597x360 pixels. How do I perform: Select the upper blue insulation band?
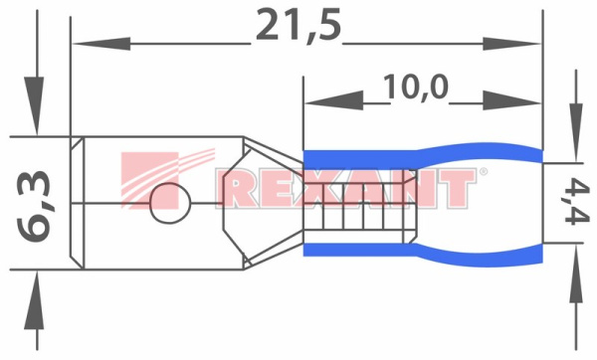tap(418, 158)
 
